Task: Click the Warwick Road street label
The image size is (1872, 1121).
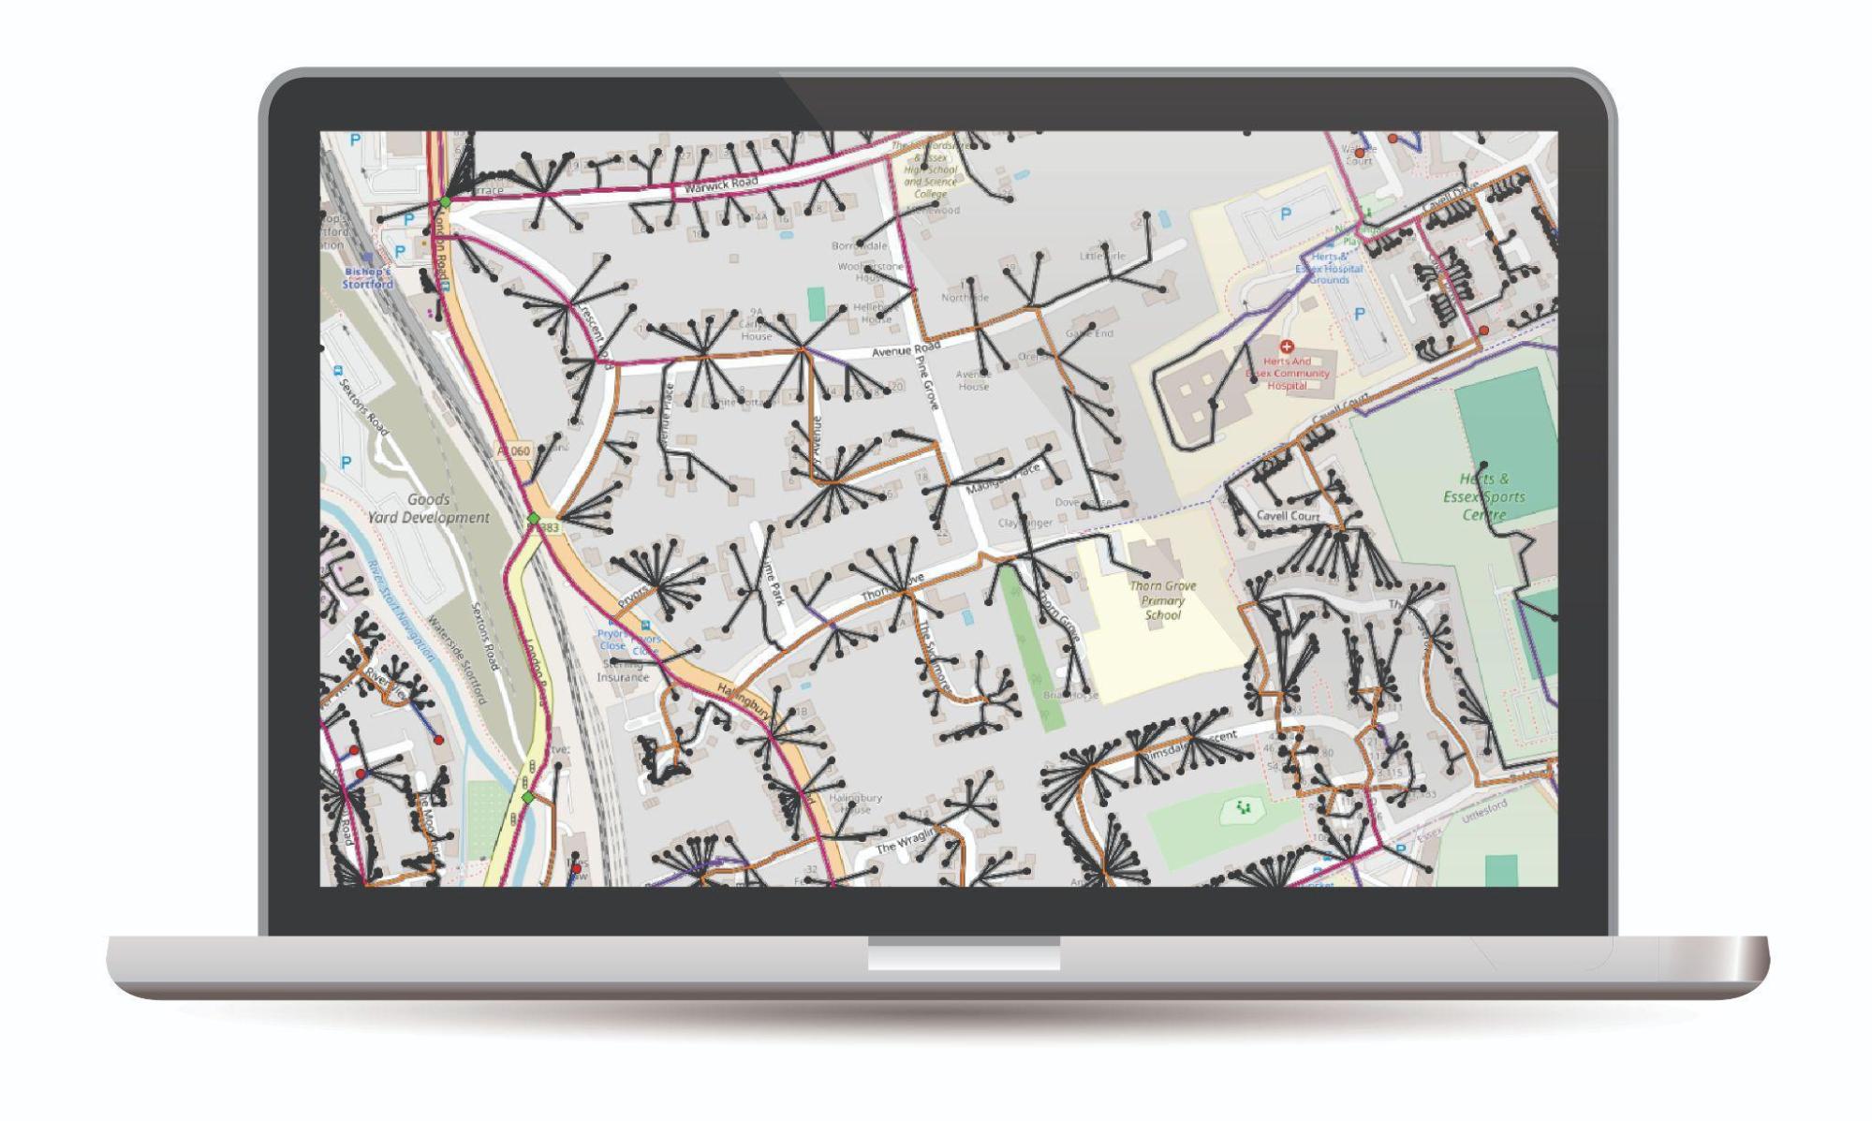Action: tap(720, 184)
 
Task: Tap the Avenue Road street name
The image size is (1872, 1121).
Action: tap(905, 349)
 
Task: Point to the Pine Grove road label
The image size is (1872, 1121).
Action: tap(926, 380)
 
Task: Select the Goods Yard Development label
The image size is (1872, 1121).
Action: tap(429, 509)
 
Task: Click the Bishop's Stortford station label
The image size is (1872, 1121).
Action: tap(367, 278)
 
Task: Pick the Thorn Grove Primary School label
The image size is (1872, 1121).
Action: tap(1162, 600)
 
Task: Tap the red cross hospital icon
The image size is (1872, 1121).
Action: tap(1286, 347)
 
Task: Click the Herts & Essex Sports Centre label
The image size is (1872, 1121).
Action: tap(1483, 496)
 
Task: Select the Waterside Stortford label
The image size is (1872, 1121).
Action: tap(458, 659)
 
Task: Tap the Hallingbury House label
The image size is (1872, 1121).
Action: tap(855, 803)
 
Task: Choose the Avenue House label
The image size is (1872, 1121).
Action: tap(973, 379)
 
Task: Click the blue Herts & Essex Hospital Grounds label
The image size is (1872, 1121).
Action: tap(1329, 268)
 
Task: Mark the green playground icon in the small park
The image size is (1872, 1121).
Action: tap(1244, 807)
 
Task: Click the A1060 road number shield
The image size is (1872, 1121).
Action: tap(514, 450)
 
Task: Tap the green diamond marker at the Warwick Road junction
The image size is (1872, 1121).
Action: tap(446, 201)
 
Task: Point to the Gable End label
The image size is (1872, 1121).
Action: tap(1089, 332)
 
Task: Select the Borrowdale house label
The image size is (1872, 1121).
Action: tap(859, 245)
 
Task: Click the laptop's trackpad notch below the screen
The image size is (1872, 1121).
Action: tap(964, 954)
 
